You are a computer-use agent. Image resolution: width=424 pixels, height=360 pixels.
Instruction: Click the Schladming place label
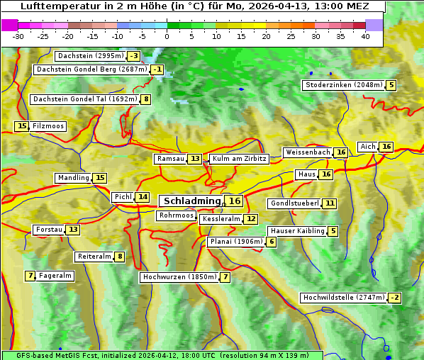coord(191,201)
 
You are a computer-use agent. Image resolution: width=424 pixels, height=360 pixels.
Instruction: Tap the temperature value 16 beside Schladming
coord(235,201)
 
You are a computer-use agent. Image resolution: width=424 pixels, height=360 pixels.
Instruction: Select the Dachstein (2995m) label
coord(89,56)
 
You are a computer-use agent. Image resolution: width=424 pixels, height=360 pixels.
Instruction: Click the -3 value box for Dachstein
coord(133,56)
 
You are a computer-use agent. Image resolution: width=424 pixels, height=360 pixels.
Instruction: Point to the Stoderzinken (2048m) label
coord(343,85)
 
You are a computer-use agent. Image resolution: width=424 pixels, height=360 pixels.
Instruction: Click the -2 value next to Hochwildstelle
coord(394,298)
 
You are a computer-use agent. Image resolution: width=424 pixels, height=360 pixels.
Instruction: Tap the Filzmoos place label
coord(48,126)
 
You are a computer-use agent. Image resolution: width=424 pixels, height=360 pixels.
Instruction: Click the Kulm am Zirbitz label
coord(239,159)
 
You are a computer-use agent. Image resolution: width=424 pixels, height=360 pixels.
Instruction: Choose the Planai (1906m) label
coord(236,242)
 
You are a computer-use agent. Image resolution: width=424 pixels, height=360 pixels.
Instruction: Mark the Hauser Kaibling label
coord(296,231)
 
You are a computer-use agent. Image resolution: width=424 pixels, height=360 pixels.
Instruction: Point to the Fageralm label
coord(55,276)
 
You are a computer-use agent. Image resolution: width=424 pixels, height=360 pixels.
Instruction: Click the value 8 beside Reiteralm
coord(120,257)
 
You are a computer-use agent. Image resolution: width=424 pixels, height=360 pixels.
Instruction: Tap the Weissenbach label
coord(307,152)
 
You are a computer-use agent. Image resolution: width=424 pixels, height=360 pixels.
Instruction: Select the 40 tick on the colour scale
coord(365,35)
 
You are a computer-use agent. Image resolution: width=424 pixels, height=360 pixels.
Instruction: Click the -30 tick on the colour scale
coord(18,35)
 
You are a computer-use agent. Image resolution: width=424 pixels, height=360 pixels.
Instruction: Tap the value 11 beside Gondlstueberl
coord(330,203)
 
